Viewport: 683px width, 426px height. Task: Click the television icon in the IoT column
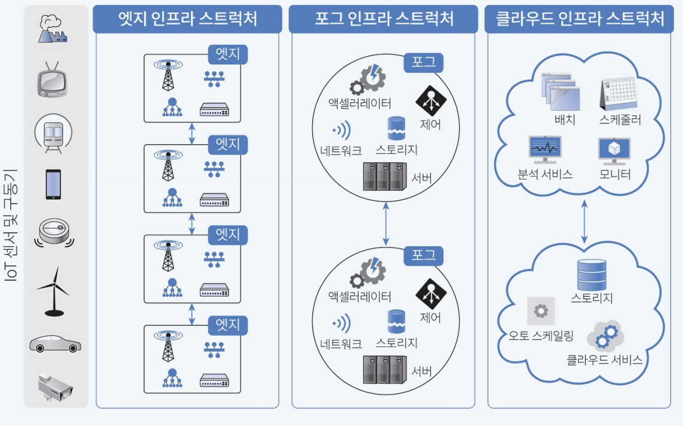(x=52, y=80)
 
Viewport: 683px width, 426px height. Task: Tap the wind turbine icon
(x=53, y=291)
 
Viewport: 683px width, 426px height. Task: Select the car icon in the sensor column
(x=55, y=344)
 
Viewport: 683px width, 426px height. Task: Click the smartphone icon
(x=53, y=184)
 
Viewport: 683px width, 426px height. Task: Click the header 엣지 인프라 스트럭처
(x=187, y=20)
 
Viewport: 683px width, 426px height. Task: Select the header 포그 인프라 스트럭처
(x=383, y=20)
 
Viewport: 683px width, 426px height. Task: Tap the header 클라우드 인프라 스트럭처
(x=579, y=20)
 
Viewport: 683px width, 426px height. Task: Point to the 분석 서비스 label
(x=545, y=174)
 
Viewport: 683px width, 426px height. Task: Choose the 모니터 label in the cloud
(x=615, y=174)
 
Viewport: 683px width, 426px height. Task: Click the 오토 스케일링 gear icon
(x=541, y=311)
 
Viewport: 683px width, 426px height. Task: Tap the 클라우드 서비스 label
(x=604, y=359)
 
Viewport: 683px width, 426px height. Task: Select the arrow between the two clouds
(x=584, y=222)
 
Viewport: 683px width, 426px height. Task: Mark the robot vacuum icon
(x=54, y=233)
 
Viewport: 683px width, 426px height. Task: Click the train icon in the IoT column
(x=53, y=133)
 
